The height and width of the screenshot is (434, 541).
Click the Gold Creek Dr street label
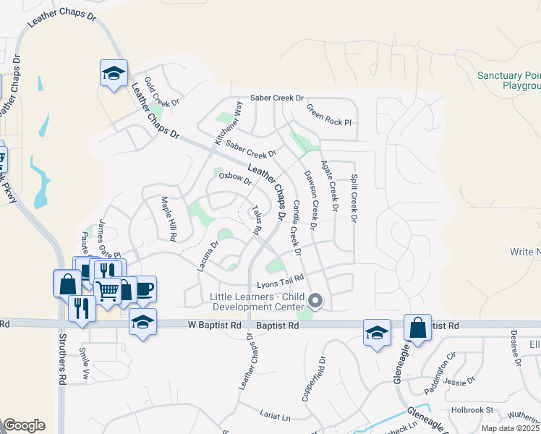pos(161,92)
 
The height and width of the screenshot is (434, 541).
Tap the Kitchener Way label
pos(229,123)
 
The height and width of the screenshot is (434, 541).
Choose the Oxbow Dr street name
pos(235,177)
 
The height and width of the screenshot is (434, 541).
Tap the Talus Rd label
pos(255,220)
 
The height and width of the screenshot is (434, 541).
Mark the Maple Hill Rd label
pos(169,218)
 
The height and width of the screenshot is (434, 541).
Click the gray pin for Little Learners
pos(315,299)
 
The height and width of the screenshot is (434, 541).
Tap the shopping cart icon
pos(108,290)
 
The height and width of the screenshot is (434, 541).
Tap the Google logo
pos(25,425)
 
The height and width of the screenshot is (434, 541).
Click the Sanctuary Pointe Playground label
pos(509,80)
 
